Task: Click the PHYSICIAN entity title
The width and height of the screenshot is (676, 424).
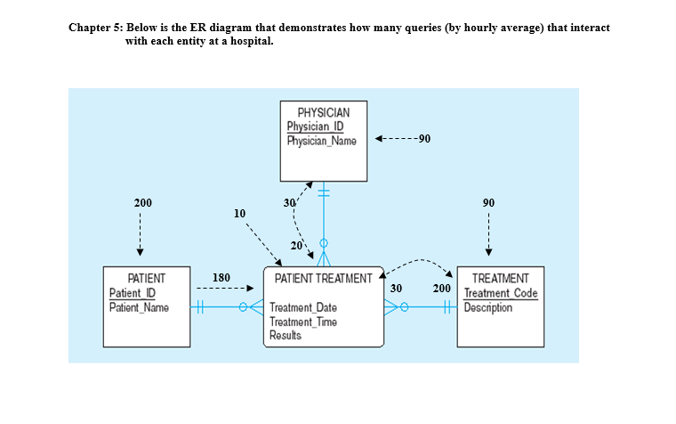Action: coord(323,113)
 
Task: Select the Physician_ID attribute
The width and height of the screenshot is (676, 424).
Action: coord(316,126)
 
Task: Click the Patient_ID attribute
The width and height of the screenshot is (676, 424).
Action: coord(132,293)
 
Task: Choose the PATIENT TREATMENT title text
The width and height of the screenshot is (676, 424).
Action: coord(323,279)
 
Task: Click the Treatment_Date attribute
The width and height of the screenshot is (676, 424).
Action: coord(302,308)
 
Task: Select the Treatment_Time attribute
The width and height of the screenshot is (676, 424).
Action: coord(302,322)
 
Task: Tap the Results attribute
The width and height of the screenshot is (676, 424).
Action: coord(285,335)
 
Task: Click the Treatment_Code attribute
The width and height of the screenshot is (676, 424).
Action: coord(501,293)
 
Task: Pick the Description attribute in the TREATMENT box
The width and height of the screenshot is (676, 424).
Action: coord(488,307)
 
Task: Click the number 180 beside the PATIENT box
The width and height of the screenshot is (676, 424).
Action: coord(221,277)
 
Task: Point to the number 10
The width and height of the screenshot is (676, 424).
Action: coord(237,214)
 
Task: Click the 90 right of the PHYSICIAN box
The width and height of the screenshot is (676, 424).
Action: coord(423,139)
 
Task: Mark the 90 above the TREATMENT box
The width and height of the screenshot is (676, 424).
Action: coord(488,203)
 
